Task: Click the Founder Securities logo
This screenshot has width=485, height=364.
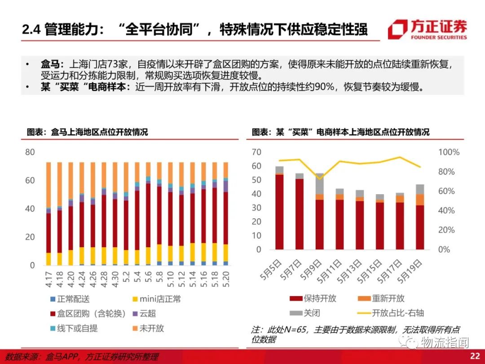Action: [x=427, y=29]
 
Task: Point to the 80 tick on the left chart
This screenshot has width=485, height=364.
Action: [x=30, y=152]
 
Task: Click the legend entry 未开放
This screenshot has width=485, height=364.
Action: [x=151, y=328]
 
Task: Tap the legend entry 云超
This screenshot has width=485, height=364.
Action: [x=147, y=314]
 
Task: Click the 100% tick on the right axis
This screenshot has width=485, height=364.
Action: [x=449, y=152]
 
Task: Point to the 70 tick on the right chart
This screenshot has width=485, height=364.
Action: [x=256, y=152]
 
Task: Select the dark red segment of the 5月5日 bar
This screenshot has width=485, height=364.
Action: [x=279, y=211]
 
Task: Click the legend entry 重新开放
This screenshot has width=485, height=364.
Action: [x=388, y=298]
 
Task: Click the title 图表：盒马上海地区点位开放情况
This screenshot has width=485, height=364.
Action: [x=87, y=132]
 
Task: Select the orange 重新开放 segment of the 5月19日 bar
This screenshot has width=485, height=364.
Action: [x=420, y=200]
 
